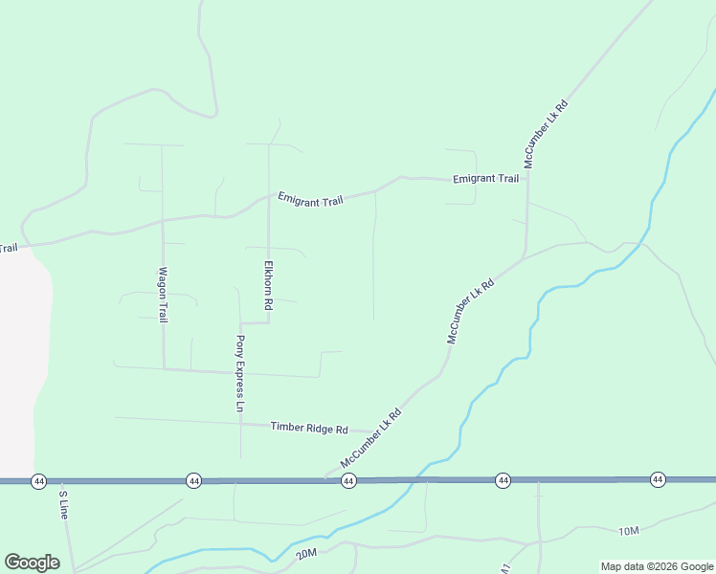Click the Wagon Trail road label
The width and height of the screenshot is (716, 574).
tap(163, 294)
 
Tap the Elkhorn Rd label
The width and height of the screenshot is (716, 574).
tap(269, 284)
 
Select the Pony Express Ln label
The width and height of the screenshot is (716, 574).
tap(240, 373)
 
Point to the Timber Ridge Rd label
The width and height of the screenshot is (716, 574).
tap(308, 428)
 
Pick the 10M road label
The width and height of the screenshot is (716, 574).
tap(628, 531)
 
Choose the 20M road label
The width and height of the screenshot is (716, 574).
tap(306, 554)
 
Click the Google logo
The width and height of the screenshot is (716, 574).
tap(32, 563)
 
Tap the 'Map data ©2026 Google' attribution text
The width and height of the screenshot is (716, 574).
tap(657, 566)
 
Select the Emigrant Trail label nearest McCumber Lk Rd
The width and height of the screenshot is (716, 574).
tap(485, 179)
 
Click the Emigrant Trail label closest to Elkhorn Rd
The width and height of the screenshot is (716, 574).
tap(310, 199)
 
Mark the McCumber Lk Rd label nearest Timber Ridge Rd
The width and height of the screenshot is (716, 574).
tap(369, 438)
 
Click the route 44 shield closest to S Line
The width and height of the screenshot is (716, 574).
tap(38, 480)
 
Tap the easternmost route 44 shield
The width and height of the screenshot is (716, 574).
tap(657, 478)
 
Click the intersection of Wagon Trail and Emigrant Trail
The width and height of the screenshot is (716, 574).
tap(162, 220)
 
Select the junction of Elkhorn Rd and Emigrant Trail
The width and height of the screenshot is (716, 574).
tap(268, 199)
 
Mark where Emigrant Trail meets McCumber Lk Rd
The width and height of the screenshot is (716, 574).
tap(526, 178)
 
